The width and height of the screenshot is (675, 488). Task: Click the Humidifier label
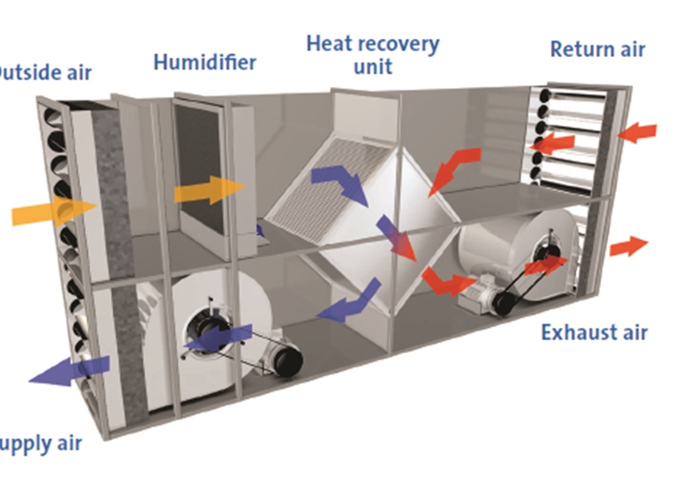[204, 62]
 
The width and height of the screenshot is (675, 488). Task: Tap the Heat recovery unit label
[373, 53]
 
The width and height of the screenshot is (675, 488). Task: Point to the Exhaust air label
[594, 333]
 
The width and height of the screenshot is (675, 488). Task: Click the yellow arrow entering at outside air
[53, 212]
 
